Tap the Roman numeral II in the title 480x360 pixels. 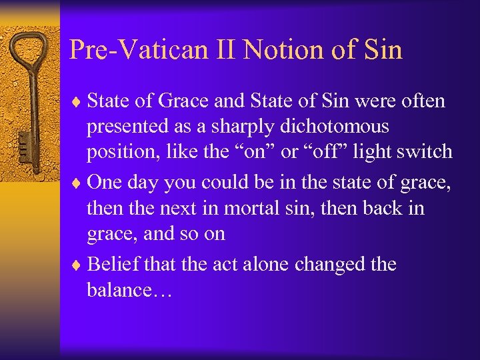226,50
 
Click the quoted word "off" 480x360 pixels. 328,151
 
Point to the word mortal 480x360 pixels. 253,208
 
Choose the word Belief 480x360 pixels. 111,264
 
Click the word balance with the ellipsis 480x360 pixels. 130,290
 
